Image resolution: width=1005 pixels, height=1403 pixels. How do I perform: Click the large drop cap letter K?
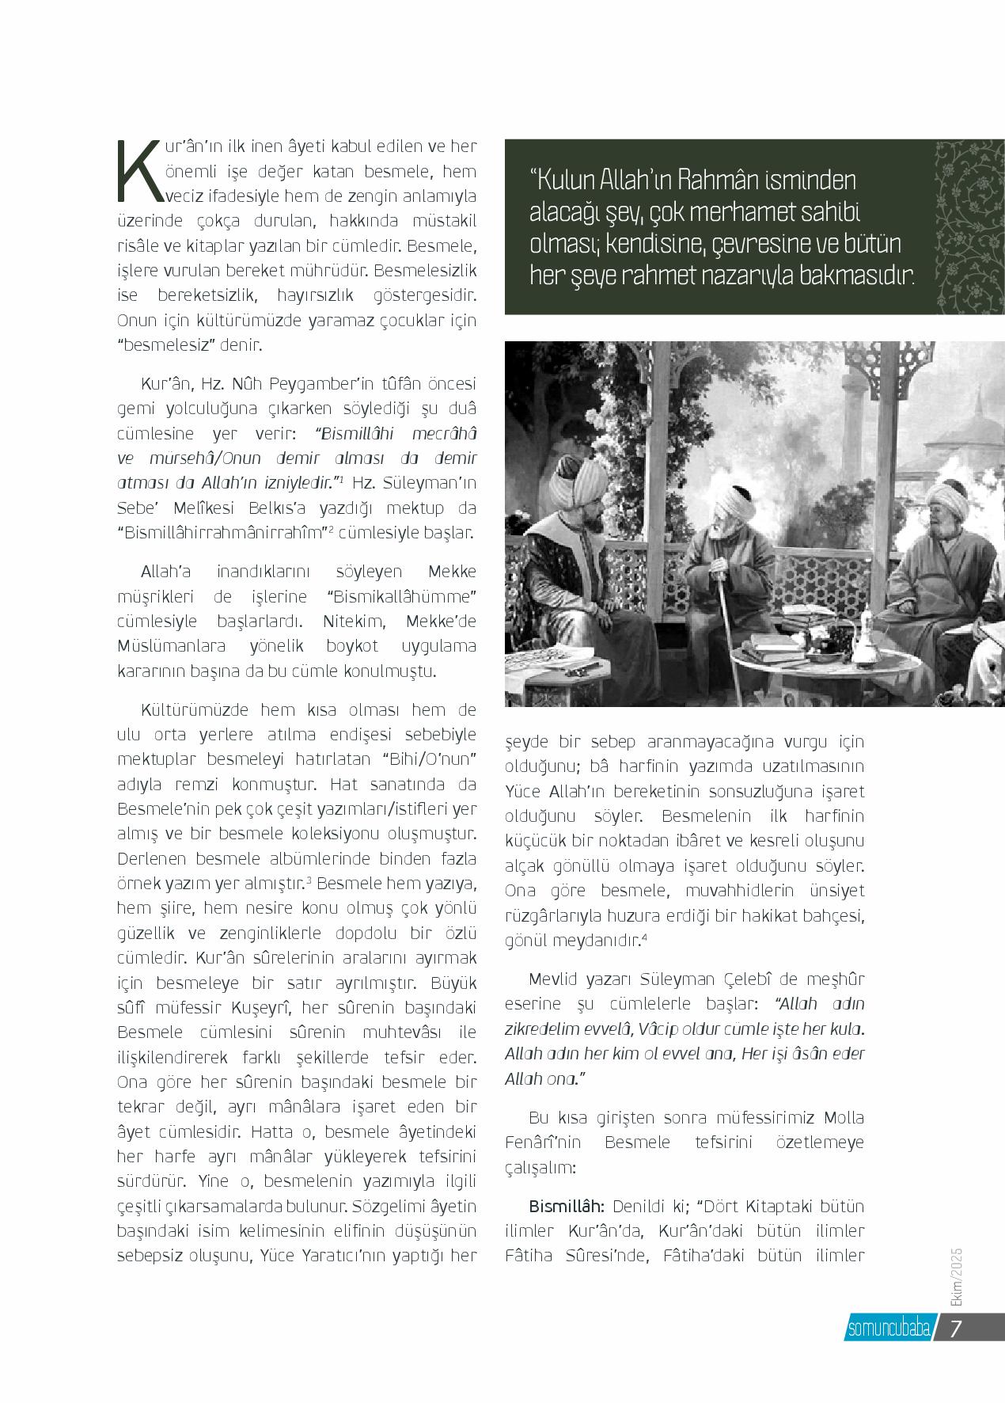(138, 170)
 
